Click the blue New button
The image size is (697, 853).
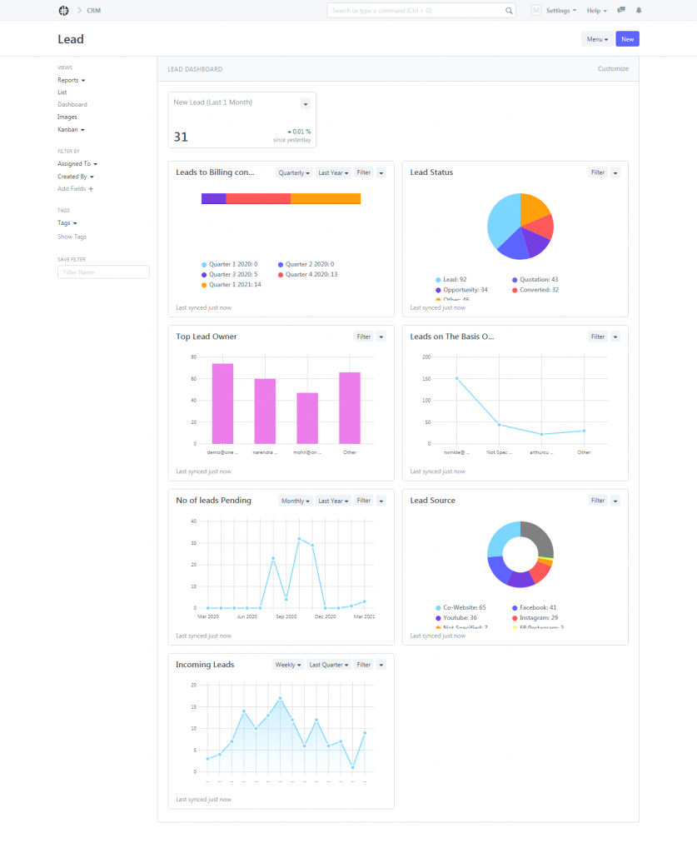[x=627, y=39]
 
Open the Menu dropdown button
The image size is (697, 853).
[x=596, y=39]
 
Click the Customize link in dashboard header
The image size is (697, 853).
[x=613, y=69]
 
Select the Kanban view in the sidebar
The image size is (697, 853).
[x=71, y=130]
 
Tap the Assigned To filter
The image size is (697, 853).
[x=77, y=164]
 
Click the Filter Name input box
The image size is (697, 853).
[x=103, y=272]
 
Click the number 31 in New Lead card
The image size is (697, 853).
[x=181, y=137]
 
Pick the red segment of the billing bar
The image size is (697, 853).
[x=258, y=198]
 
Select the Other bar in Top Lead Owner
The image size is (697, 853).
[x=350, y=408]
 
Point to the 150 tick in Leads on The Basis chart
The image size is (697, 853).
[x=426, y=378]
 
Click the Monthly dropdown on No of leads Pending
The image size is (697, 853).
[x=296, y=501]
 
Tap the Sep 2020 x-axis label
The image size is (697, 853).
[x=286, y=616]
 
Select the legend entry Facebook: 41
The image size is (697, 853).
[x=537, y=608]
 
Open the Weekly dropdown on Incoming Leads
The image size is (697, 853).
[x=287, y=665]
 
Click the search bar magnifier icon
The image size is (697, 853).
[x=510, y=11]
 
